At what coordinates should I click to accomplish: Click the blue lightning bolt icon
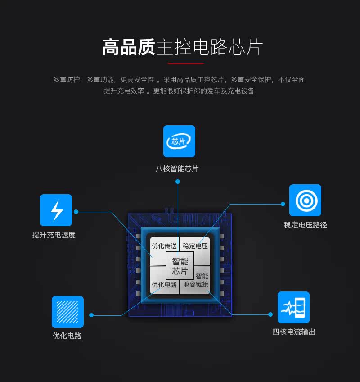[x=56, y=210]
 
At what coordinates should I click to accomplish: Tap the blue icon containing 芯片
[x=179, y=141]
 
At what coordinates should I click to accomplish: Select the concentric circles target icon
[x=305, y=200]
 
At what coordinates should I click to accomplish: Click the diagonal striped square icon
[x=67, y=312]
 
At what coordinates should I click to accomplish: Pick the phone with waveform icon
[x=293, y=308]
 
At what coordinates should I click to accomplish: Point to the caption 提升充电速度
[x=54, y=235]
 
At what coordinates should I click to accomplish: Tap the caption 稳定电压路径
[x=305, y=225]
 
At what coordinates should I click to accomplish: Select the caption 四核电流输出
[x=293, y=332]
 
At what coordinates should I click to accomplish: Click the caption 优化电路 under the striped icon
[x=67, y=336]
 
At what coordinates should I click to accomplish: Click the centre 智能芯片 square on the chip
[x=180, y=266]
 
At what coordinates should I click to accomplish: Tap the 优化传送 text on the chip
[x=164, y=246]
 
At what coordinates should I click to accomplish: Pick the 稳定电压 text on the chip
[x=195, y=246]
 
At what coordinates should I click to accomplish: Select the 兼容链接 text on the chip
[x=196, y=285]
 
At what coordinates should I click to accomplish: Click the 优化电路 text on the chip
[x=164, y=285]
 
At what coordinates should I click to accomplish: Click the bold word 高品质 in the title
[x=129, y=47]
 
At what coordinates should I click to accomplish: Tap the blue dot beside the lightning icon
[x=76, y=211]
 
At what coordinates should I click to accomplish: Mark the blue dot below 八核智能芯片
[x=178, y=182]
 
